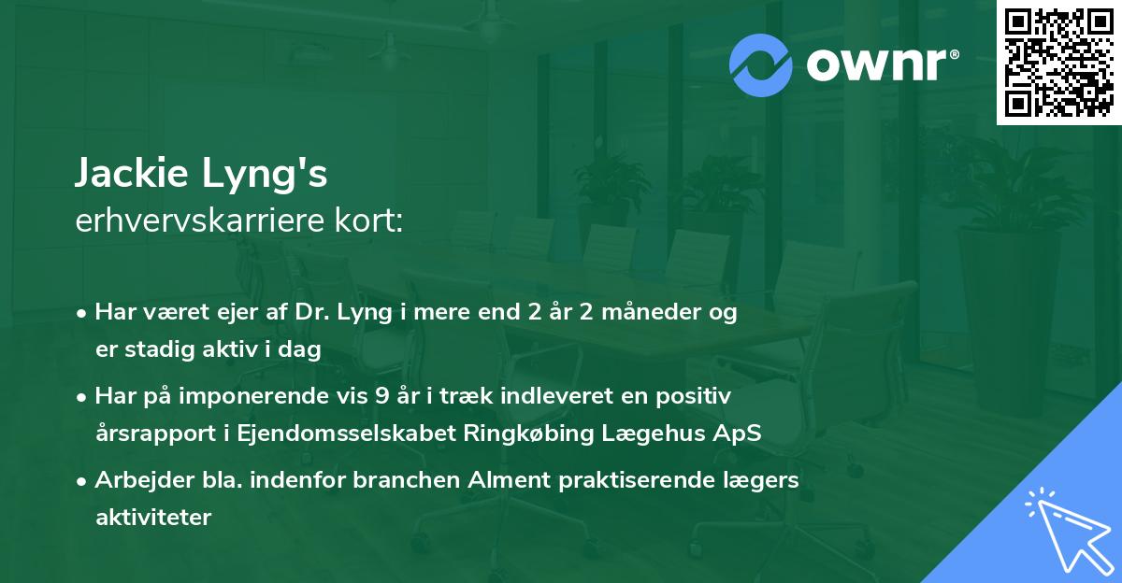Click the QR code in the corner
1059,63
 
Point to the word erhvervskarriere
194,222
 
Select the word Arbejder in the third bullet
136,480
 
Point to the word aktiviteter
153,517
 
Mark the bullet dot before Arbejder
83,481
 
